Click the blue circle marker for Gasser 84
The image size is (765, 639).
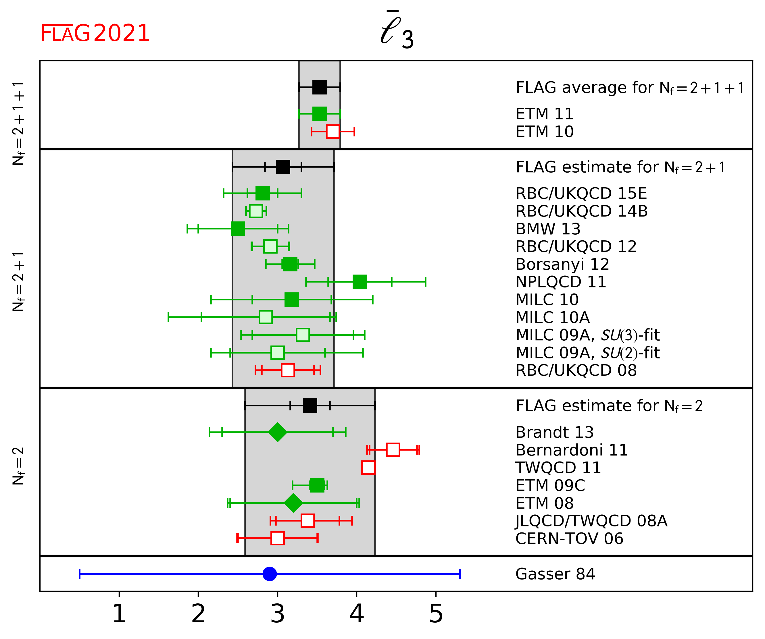click(x=270, y=574)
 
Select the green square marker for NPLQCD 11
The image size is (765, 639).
click(x=360, y=282)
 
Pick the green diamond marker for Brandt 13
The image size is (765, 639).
click(x=278, y=432)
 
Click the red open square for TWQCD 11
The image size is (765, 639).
click(x=368, y=468)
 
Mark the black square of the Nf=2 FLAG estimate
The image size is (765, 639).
click(x=310, y=405)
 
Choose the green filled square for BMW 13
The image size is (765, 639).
click(x=238, y=229)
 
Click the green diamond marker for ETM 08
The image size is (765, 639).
click(x=293, y=503)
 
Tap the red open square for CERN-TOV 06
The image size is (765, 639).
click(x=278, y=538)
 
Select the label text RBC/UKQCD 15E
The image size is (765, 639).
click(x=581, y=193)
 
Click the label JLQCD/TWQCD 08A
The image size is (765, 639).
click(x=591, y=521)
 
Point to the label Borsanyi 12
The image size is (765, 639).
click(x=562, y=264)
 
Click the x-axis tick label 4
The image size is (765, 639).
click(x=357, y=613)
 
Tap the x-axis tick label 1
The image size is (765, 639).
click(x=119, y=613)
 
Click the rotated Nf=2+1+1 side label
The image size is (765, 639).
click(x=18, y=124)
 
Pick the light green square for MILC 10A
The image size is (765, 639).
click(x=266, y=317)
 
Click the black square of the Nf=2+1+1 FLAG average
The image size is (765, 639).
click(x=320, y=87)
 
